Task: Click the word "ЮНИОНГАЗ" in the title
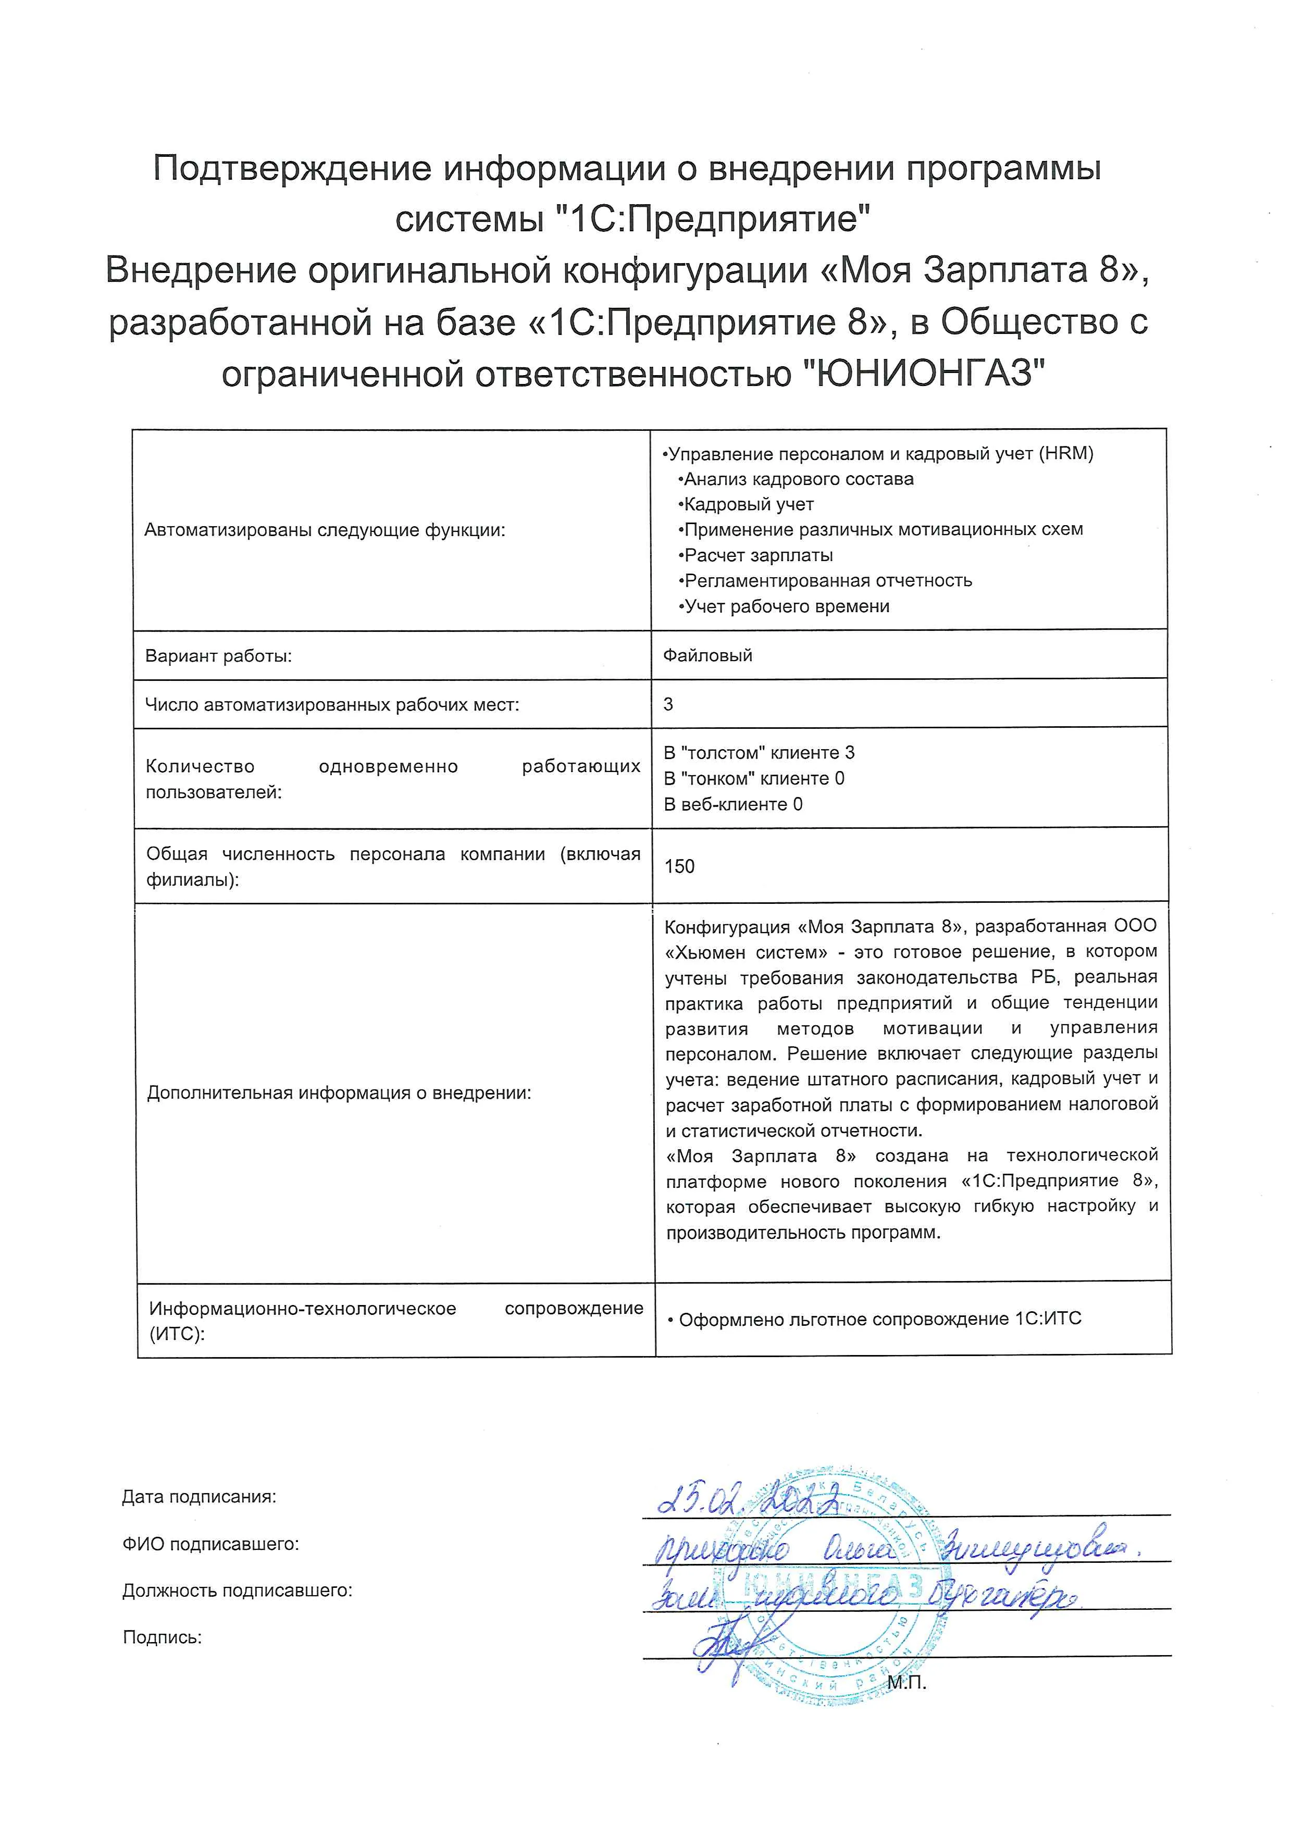point(921,373)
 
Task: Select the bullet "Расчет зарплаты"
point(758,555)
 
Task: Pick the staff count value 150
point(679,866)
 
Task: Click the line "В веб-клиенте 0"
point(732,804)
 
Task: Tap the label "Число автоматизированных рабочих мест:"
point(332,704)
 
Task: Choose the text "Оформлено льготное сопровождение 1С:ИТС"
point(879,1319)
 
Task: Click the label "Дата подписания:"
point(199,1497)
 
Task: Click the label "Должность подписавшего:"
point(237,1590)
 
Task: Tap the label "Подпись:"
point(163,1637)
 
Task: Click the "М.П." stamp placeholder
point(907,1683)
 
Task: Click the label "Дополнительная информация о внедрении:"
point(339,1092)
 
